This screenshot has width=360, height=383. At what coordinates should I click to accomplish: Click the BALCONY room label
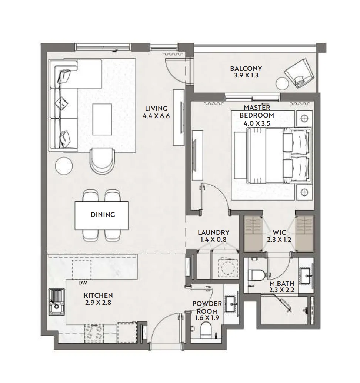tap(246, 69)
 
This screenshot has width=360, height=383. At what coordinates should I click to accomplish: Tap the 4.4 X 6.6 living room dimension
tap(156, 116)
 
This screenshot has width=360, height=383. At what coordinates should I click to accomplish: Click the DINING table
tap(102, 215)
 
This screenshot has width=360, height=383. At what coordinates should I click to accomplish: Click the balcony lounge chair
tap(299, 73)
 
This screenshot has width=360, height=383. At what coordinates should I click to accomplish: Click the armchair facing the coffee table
tap(103, 160)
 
